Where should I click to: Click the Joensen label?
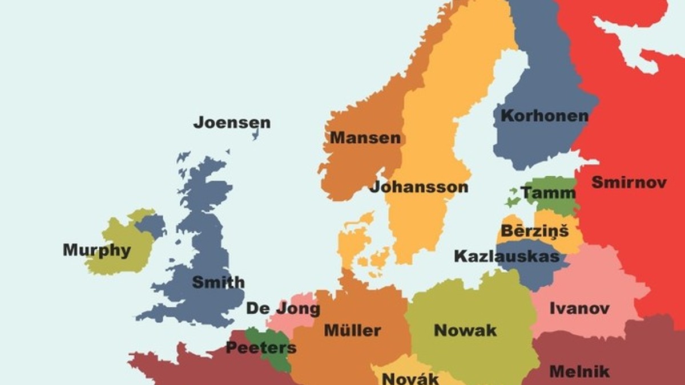click(x=232, y=123)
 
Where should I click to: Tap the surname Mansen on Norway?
click(x=365, y=138)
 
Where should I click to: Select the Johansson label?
click(x=419, y=187)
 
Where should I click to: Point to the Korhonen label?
click(x=544, y=116)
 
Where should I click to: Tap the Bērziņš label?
click(x=534, y=232)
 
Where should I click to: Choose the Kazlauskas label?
click(x=506, y=256)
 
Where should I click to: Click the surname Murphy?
click(x=96, y=250)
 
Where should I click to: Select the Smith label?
click(x=218, y=282)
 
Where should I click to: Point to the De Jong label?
click(x=283, y=309)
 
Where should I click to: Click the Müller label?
click(x=352, y=330)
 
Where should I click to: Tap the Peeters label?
click(x=261, y=347)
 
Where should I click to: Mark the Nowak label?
click(x=465, y=330)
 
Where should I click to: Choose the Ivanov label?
click(x=579, y=309)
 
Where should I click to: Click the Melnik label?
click(x=579, y=372)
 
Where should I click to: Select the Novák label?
click(x=410, y=378)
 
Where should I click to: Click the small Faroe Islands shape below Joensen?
click(x=255, y=135)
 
